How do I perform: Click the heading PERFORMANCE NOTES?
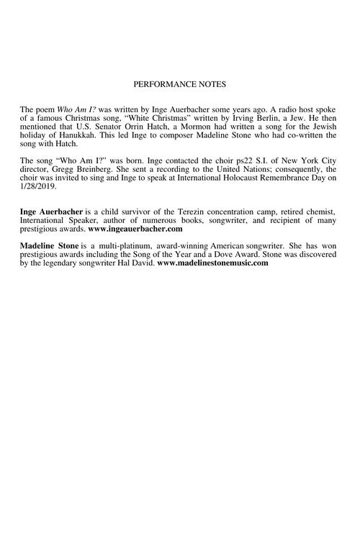point(180,84)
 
